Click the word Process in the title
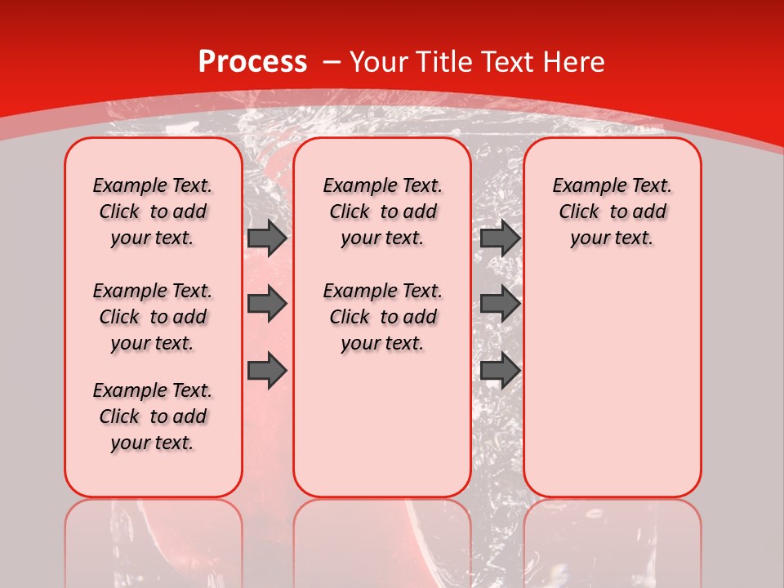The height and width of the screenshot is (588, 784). (x=252, y=62)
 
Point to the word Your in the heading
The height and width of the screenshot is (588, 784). (x=381, y=62)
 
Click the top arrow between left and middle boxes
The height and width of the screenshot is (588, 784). (x=267, y=238)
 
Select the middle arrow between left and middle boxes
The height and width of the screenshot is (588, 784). (x=267, y=304)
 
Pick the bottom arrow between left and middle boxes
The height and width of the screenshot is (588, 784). (x=267, y=371)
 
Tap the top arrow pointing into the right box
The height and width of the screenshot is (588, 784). (x=500, y=238)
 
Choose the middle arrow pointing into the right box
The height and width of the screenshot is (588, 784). (x=500, y=304)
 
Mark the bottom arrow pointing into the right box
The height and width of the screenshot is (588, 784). (x=500, y=371)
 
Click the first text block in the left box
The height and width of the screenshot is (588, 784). (x=153, y=212)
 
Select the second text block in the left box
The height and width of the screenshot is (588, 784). (x=153, y=317)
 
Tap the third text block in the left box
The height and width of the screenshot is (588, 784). (x=153, y=416)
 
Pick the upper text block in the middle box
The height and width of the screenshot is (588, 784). (x=382, y=212)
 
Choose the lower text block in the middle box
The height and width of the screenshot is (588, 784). (x=382, y=317)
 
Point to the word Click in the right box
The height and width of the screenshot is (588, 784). (x=579, y=212)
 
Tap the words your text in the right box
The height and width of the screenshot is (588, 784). (x=612, y=238)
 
